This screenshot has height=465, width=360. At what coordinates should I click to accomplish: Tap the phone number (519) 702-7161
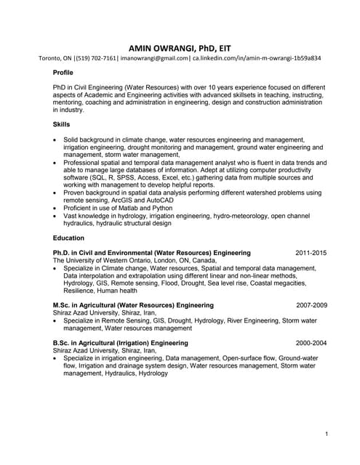click(x=93, y=57)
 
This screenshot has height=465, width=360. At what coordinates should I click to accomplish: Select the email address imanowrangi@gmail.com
click(x=153, y=57)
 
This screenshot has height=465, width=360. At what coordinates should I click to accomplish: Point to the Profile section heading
click(x=63, y=73)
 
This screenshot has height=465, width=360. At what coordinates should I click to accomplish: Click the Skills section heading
click(x=62, y=124)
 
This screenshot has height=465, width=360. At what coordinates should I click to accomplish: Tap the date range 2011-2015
click(x=311, y=253)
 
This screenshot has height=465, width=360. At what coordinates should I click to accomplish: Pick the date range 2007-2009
click(x=311, y=305)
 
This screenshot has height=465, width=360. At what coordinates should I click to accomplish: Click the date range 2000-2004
click(x=311, y=342)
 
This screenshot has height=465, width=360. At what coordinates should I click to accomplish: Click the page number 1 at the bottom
click(x=327, y=434)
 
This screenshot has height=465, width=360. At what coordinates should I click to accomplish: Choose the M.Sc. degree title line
click(x=133, y=305)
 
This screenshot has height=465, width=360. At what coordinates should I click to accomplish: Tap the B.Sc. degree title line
click(x=120, y=342)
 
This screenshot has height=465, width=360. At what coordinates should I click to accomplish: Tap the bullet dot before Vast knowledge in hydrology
click(x=56, y=216)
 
